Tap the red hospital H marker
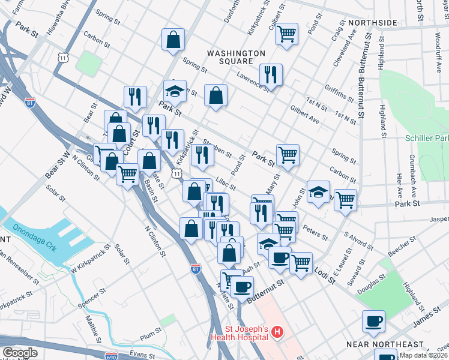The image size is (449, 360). (x=277, y=331)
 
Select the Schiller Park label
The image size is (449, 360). (x=426, y=138)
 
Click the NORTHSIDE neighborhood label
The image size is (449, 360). (x=372, y=23)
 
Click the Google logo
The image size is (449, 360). (x=19, y=353)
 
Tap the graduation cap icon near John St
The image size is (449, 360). (x=318, y=192)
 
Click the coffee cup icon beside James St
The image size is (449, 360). (x=373, y=321)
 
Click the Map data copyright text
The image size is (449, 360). (x=424, y=355)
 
